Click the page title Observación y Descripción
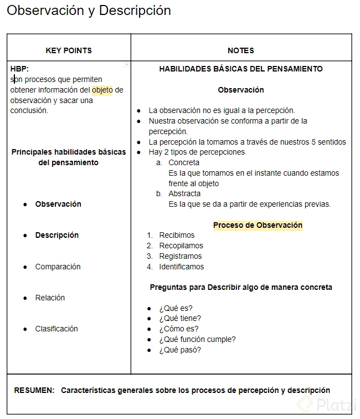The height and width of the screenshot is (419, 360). tap(89, 11)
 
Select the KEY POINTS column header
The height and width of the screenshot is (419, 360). tap(69, 50)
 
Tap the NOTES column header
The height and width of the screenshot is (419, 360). tap(241, 50)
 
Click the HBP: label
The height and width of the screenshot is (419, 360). tap(19, 69)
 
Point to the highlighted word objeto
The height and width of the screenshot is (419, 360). tap(102, 90)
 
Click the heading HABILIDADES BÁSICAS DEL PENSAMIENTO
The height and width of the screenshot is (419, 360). tap(241, 69)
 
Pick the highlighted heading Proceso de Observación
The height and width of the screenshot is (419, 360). tap(258, 225)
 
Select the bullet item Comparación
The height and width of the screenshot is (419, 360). tap(58, 267)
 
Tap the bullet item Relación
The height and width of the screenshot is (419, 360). tap(50, 298)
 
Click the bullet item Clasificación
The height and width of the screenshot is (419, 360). tap(56, 329)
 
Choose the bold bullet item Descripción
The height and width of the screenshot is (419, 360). tap(56, 235)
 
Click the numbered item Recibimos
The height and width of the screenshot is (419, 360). tap(177, 235)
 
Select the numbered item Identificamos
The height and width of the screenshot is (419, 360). tap(181, 267)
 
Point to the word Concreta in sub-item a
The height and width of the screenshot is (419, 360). tap(184, 162)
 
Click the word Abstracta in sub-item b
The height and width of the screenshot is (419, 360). tap(184, 193)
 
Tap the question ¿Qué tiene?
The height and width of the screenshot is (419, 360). tap(180, 318)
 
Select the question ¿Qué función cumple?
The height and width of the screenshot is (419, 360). tap(197, 339)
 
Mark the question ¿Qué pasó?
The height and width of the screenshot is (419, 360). tap(180, 350)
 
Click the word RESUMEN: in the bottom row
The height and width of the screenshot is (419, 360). tap(34, 390)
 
